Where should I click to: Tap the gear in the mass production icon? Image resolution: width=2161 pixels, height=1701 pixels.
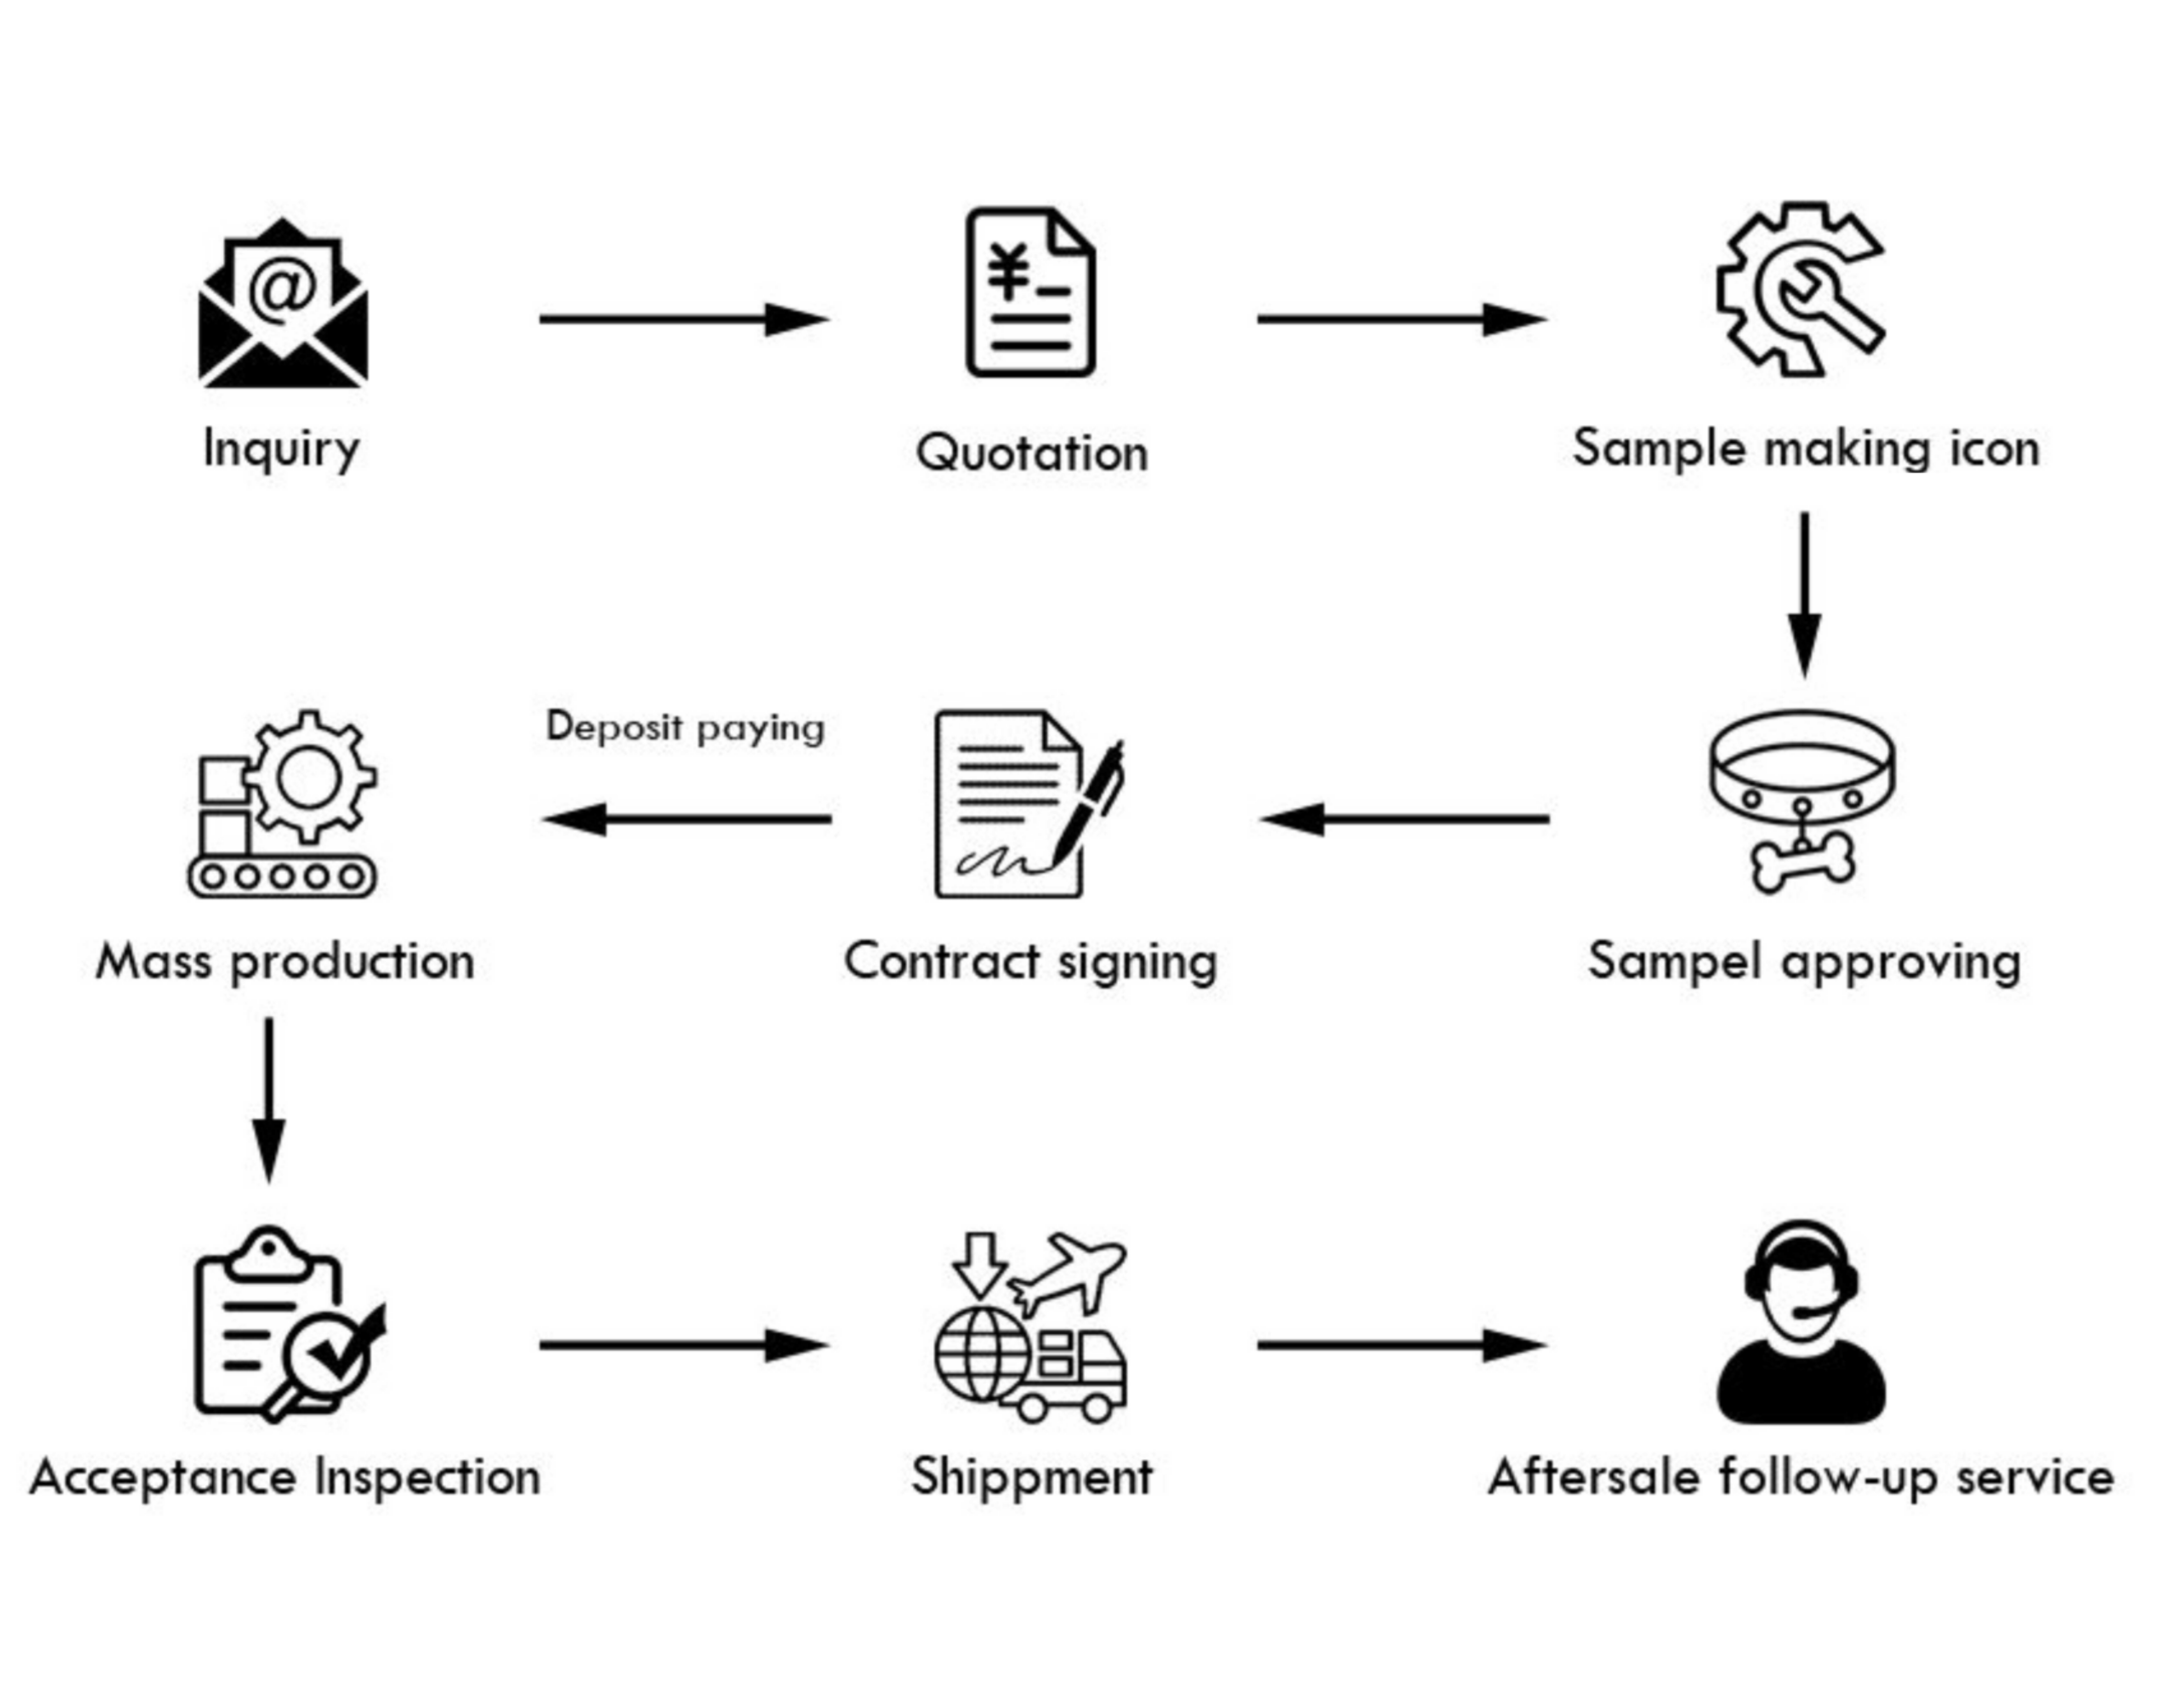[x=310, y=777]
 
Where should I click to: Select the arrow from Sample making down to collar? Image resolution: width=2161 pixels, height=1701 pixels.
[x=1805, y=596]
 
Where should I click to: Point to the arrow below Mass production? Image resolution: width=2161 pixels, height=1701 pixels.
[x=269, y=1100]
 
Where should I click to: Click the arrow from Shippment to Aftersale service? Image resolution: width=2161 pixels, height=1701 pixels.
[x=1402, y=1345]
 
